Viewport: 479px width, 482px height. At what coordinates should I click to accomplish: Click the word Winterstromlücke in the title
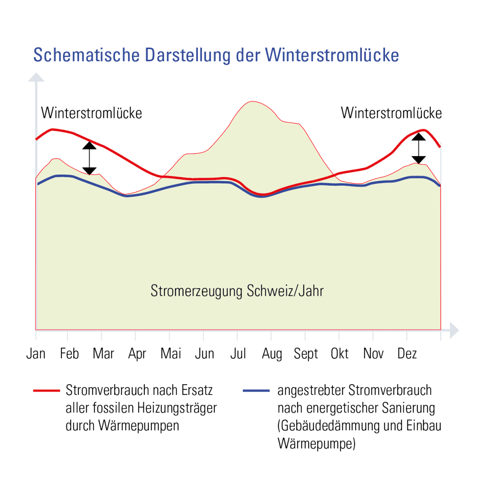(x=332, y=55)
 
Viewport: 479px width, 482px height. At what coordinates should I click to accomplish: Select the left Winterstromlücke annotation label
(x=91, y=113)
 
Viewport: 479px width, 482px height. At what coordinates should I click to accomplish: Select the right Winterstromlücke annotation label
(x=391, y=113)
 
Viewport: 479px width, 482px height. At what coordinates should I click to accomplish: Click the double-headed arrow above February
(x=90, y=158)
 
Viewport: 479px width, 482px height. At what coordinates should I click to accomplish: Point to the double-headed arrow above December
(x=418, y=148)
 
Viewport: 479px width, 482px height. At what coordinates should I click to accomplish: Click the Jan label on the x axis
(x=36, y=354)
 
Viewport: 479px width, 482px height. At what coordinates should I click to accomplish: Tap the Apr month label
(x=137, y=354)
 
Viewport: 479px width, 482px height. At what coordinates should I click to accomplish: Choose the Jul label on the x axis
(x=238, y=354)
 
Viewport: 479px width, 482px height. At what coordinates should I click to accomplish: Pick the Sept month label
(x=306, y=354)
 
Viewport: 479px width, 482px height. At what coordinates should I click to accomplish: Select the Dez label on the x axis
(x=407, y=354)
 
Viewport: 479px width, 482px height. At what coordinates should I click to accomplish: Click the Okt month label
(x=340, y=354)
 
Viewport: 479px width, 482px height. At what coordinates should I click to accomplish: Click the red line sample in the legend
(x=46, y=391)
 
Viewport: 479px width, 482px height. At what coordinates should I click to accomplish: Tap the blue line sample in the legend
(x=257, y=391)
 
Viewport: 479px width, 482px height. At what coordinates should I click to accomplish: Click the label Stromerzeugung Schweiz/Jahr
(x=237, y=291)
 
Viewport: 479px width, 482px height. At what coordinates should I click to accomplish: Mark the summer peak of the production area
(x=252, y=102)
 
